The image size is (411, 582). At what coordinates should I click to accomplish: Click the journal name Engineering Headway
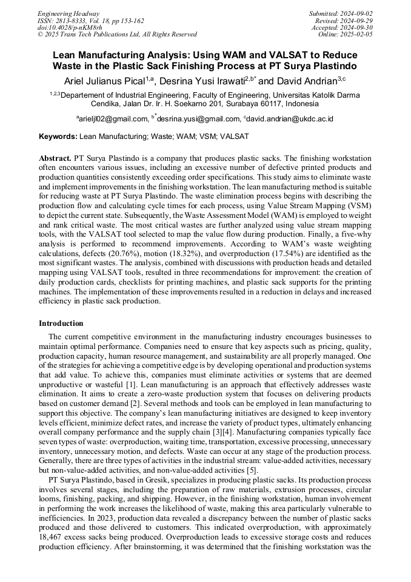tap(68, 13)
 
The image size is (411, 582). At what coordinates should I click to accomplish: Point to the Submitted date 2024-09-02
tap(357, 13)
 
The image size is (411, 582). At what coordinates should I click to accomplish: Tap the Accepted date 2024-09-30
tap(357, 28)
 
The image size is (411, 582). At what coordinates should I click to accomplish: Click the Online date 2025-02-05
tap(357, 35)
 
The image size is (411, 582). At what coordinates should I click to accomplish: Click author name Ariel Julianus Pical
tap(104, 81)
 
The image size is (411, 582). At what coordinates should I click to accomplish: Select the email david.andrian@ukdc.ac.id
tap(290, 118)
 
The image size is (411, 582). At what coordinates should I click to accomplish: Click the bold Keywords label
tap(58, 137)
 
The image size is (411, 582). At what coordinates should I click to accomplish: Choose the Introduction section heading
tap(61, 323)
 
